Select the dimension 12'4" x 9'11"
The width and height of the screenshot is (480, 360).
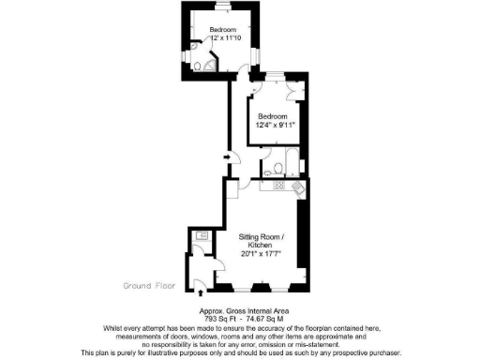click(x=275, y=124)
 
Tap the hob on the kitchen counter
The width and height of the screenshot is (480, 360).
click(x=278, y=186)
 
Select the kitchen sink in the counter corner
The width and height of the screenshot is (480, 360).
click(x=299, y=188)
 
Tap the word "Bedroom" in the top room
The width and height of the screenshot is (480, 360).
click(x=223, y=30)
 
